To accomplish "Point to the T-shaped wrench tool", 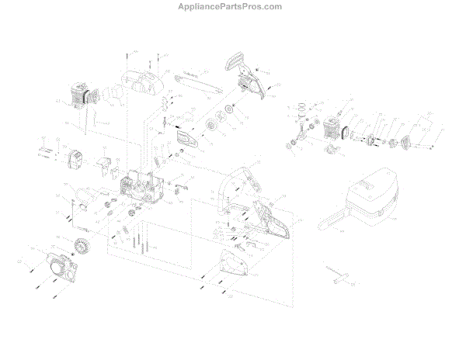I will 342,275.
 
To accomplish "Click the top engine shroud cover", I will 141,82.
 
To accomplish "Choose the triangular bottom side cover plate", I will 234,268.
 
